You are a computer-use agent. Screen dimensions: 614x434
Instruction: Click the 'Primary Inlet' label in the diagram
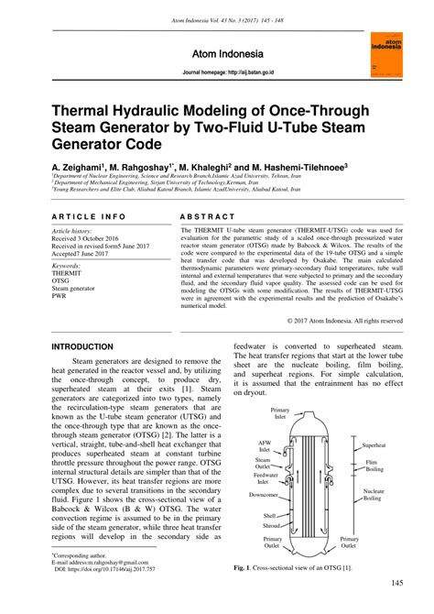point(280,413)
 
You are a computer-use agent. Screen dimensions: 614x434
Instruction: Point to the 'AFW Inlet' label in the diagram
point(265,445)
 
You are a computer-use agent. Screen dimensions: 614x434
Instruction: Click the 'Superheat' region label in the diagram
point(376,444)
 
